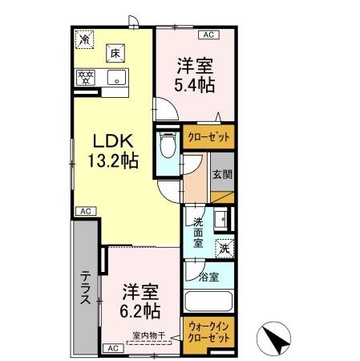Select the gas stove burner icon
tap(85, 78)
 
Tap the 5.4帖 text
tap(196, 81)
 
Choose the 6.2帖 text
tap(142, 309)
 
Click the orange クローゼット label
tap(208, 137)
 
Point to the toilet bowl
tap(167, 149)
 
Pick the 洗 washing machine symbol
tap(227, 249)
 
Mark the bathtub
tap(208, 304)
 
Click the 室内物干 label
tap(148, 336)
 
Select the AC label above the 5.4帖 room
tap(208, 35)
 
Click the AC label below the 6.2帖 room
tap(112, 347)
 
